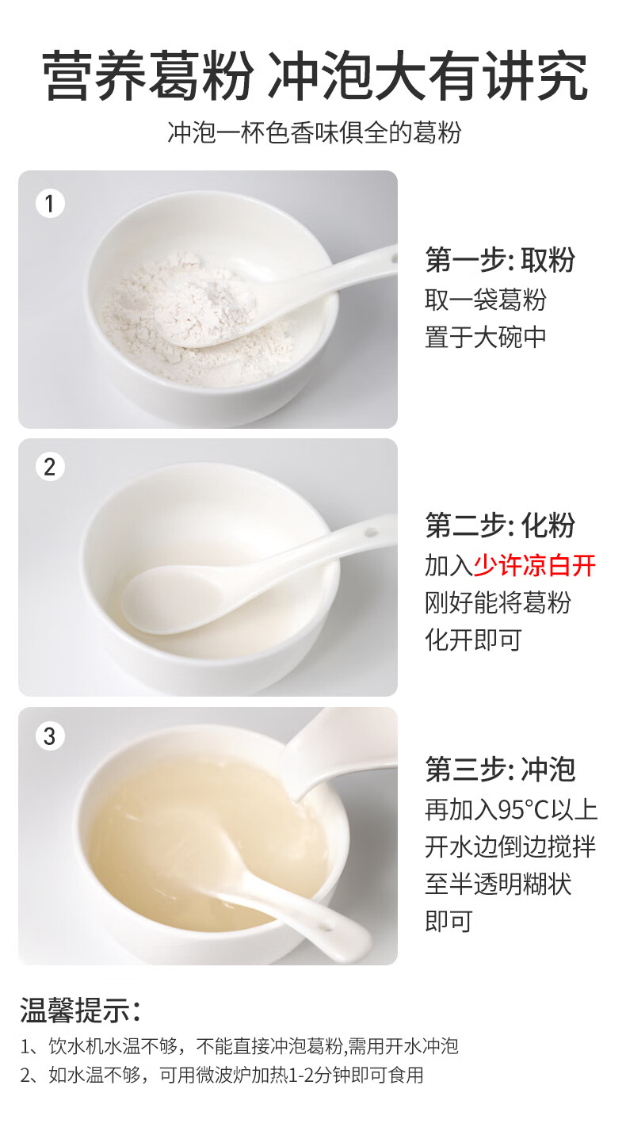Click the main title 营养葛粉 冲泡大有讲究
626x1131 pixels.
[315, 76]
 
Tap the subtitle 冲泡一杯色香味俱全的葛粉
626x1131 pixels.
[314, 133]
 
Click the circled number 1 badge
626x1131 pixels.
[50, 204]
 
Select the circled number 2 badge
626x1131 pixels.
[50, 467]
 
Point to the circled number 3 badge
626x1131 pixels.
[50, 736]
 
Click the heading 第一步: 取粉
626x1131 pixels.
[500, 260]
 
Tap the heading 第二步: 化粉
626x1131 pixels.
[500, 525]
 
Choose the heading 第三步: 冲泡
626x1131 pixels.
[500, 770]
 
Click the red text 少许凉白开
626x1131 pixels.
[535, 565]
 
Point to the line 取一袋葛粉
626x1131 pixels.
[486, 300]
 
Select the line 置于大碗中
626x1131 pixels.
[486, 337]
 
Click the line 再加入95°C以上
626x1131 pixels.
[511, 810]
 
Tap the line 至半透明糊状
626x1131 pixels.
[498, 884]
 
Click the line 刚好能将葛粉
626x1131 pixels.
[498, 602]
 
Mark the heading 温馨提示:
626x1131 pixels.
[80, 1010]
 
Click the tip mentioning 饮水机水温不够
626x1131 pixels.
[239, 1046]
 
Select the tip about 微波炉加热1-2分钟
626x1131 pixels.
[222, 1075]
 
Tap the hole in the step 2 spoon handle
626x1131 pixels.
[371, 532]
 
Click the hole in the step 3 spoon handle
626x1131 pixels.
[326, 927]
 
